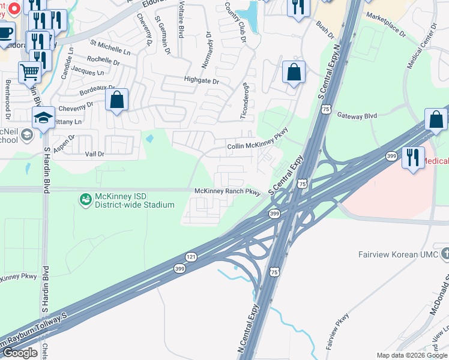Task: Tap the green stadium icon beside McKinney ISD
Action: (85, 197)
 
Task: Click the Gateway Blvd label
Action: (357, 116)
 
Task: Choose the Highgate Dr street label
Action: (202, 80)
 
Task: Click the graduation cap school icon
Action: (43, 118)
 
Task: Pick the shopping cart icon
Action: (29, 72)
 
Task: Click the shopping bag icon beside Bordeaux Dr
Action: (117, 100)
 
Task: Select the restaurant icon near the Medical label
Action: (413, 158)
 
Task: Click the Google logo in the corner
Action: (20, 353)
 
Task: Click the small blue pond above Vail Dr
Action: (149, 138)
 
